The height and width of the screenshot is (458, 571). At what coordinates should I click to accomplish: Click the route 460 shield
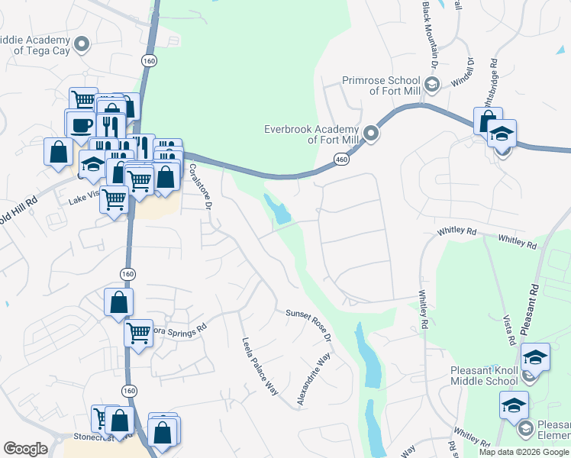[x=340, y=159]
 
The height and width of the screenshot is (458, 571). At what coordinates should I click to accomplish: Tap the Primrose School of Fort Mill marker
[x=431, y=85]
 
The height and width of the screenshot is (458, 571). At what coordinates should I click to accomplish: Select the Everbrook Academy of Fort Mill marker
[x=372, y=134]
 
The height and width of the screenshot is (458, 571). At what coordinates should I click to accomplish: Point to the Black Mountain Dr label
[x=429, y=35]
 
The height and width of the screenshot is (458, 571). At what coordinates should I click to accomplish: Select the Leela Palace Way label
[x=260, y=366]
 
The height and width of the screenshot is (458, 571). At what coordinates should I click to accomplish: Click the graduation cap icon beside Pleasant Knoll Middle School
[x=535, y=356]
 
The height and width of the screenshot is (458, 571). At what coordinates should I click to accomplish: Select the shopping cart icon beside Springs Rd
[x=138, y=333]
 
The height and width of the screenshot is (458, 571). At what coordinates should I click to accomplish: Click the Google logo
[x=25, y=449]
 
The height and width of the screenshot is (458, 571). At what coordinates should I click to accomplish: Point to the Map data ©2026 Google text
[x=524, y=452]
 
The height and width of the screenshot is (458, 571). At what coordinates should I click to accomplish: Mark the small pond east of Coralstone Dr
[x=278, y=208]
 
